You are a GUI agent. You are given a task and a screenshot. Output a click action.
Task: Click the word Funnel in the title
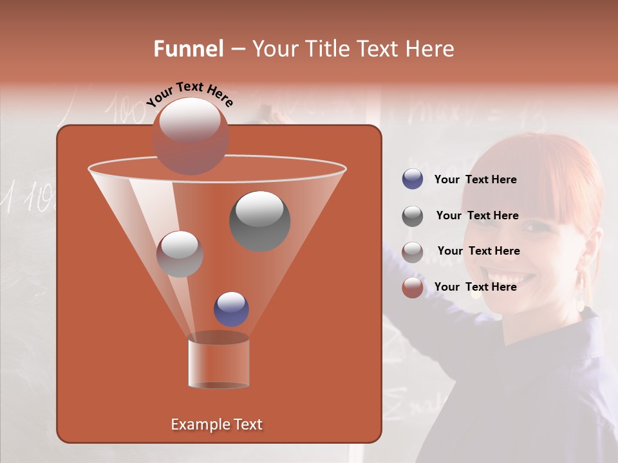click(188, 49)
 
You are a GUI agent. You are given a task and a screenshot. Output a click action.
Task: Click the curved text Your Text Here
click(190, 94)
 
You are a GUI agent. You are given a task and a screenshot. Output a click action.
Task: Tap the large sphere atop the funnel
click(191, 136)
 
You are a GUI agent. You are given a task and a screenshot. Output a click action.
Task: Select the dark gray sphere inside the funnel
click(259, 221)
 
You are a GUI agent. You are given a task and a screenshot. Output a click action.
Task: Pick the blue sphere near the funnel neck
click(231, 309)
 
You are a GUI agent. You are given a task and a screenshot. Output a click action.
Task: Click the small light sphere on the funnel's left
click(180, 254)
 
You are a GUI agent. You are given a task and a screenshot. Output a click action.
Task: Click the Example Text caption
click(216, 424)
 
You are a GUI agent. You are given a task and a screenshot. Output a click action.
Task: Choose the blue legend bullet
click(412, 179)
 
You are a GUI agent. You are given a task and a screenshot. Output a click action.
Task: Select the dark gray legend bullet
click(412, 215)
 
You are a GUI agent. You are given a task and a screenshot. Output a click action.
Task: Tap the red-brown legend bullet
click(412, 287)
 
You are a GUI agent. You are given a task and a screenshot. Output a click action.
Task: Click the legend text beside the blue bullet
click(475, 179)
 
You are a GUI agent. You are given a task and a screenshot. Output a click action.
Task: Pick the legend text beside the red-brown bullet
click(475, 287)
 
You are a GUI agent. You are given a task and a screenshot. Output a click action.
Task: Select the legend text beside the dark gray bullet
click(477, 215)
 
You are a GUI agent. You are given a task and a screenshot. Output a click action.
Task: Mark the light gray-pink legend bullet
click(412, 251)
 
